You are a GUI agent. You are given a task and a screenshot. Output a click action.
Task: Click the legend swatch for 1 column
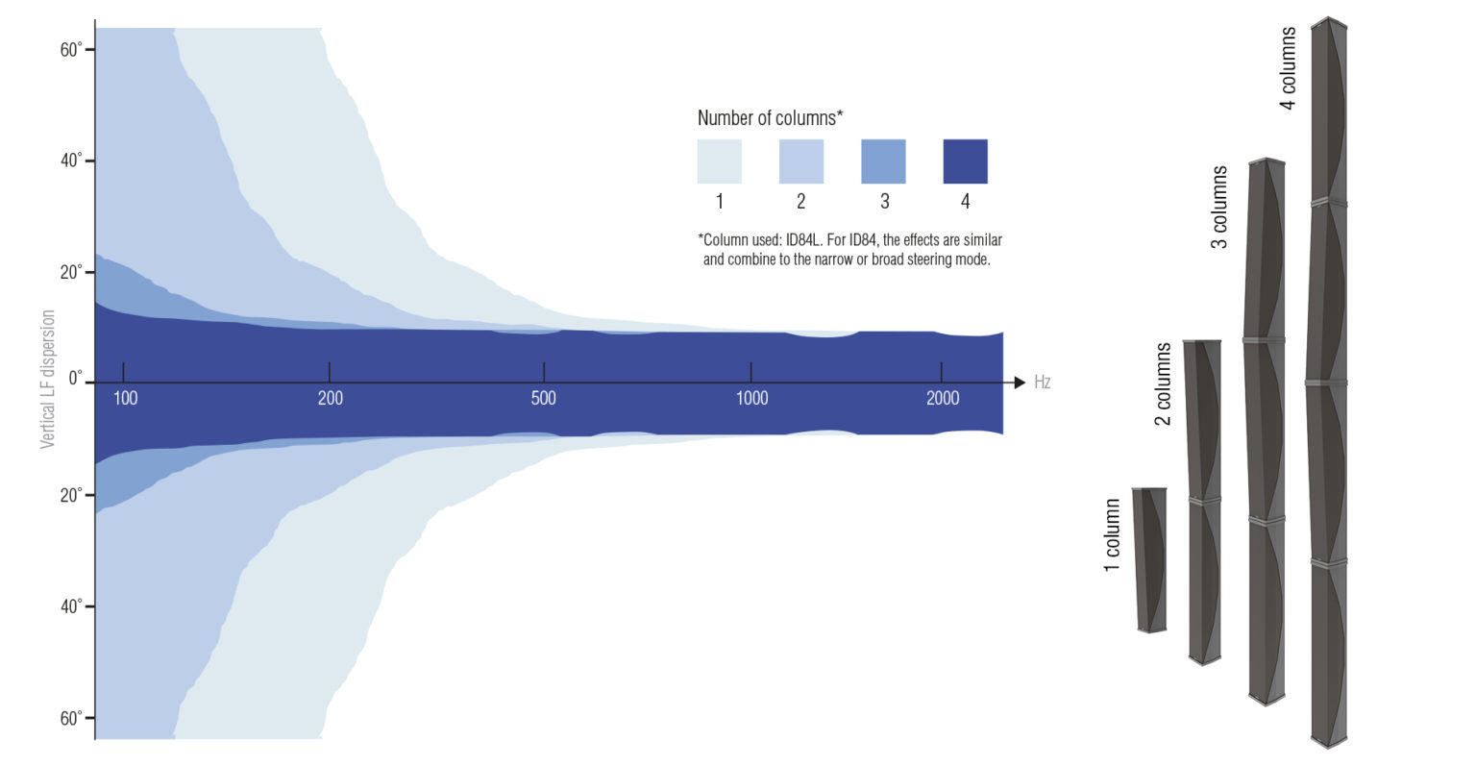coord(720,161)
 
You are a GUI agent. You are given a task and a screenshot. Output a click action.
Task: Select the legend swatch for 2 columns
coord(801,161)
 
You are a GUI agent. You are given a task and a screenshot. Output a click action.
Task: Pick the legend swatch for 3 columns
coord(884,161)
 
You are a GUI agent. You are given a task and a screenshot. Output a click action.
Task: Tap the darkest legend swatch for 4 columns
coord(966,161)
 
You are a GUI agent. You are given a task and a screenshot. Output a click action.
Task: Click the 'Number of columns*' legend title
coord(771,118)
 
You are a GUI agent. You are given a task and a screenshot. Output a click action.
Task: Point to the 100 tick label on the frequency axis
coord(125,398)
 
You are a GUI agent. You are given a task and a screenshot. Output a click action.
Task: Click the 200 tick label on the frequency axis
coord(331,398)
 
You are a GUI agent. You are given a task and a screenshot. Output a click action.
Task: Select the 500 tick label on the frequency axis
coord(544,398)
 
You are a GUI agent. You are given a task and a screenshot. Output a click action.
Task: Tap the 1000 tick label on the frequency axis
coord(751,398)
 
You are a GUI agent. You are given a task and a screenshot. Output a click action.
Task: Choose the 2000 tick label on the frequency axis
coord(943,398)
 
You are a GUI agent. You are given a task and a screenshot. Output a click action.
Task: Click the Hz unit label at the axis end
coord(1042,383)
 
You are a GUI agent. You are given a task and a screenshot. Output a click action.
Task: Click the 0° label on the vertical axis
coord(76,379)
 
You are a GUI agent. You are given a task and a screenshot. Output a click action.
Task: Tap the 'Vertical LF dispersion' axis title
coord(47,380)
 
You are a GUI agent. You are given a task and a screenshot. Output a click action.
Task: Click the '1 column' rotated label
coord(1112,535)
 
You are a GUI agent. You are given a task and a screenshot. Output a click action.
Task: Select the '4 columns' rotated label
coord(1288,68)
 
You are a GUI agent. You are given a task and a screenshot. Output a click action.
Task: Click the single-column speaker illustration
coord(1150,560)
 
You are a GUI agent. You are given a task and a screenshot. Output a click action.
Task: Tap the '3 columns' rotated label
coord(1219,207)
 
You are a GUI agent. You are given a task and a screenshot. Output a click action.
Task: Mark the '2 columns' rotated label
coord(1163,383)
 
